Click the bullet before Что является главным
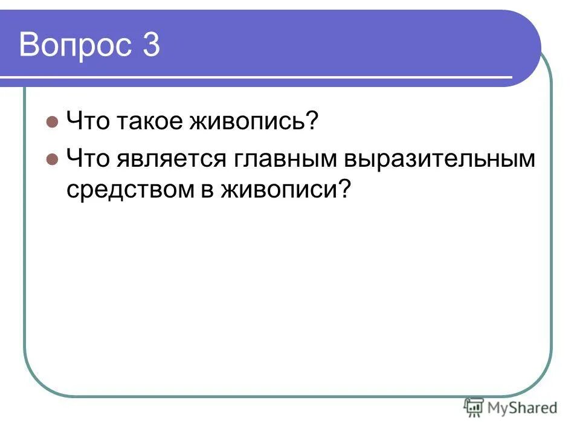pyautogui.click(x=52, y=159)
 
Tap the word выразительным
pyautogui.click(x=440, y=159)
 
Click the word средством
pyautogui.click(x=127, y=190)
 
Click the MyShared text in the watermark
pyautogui.click(x=522, y=408)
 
